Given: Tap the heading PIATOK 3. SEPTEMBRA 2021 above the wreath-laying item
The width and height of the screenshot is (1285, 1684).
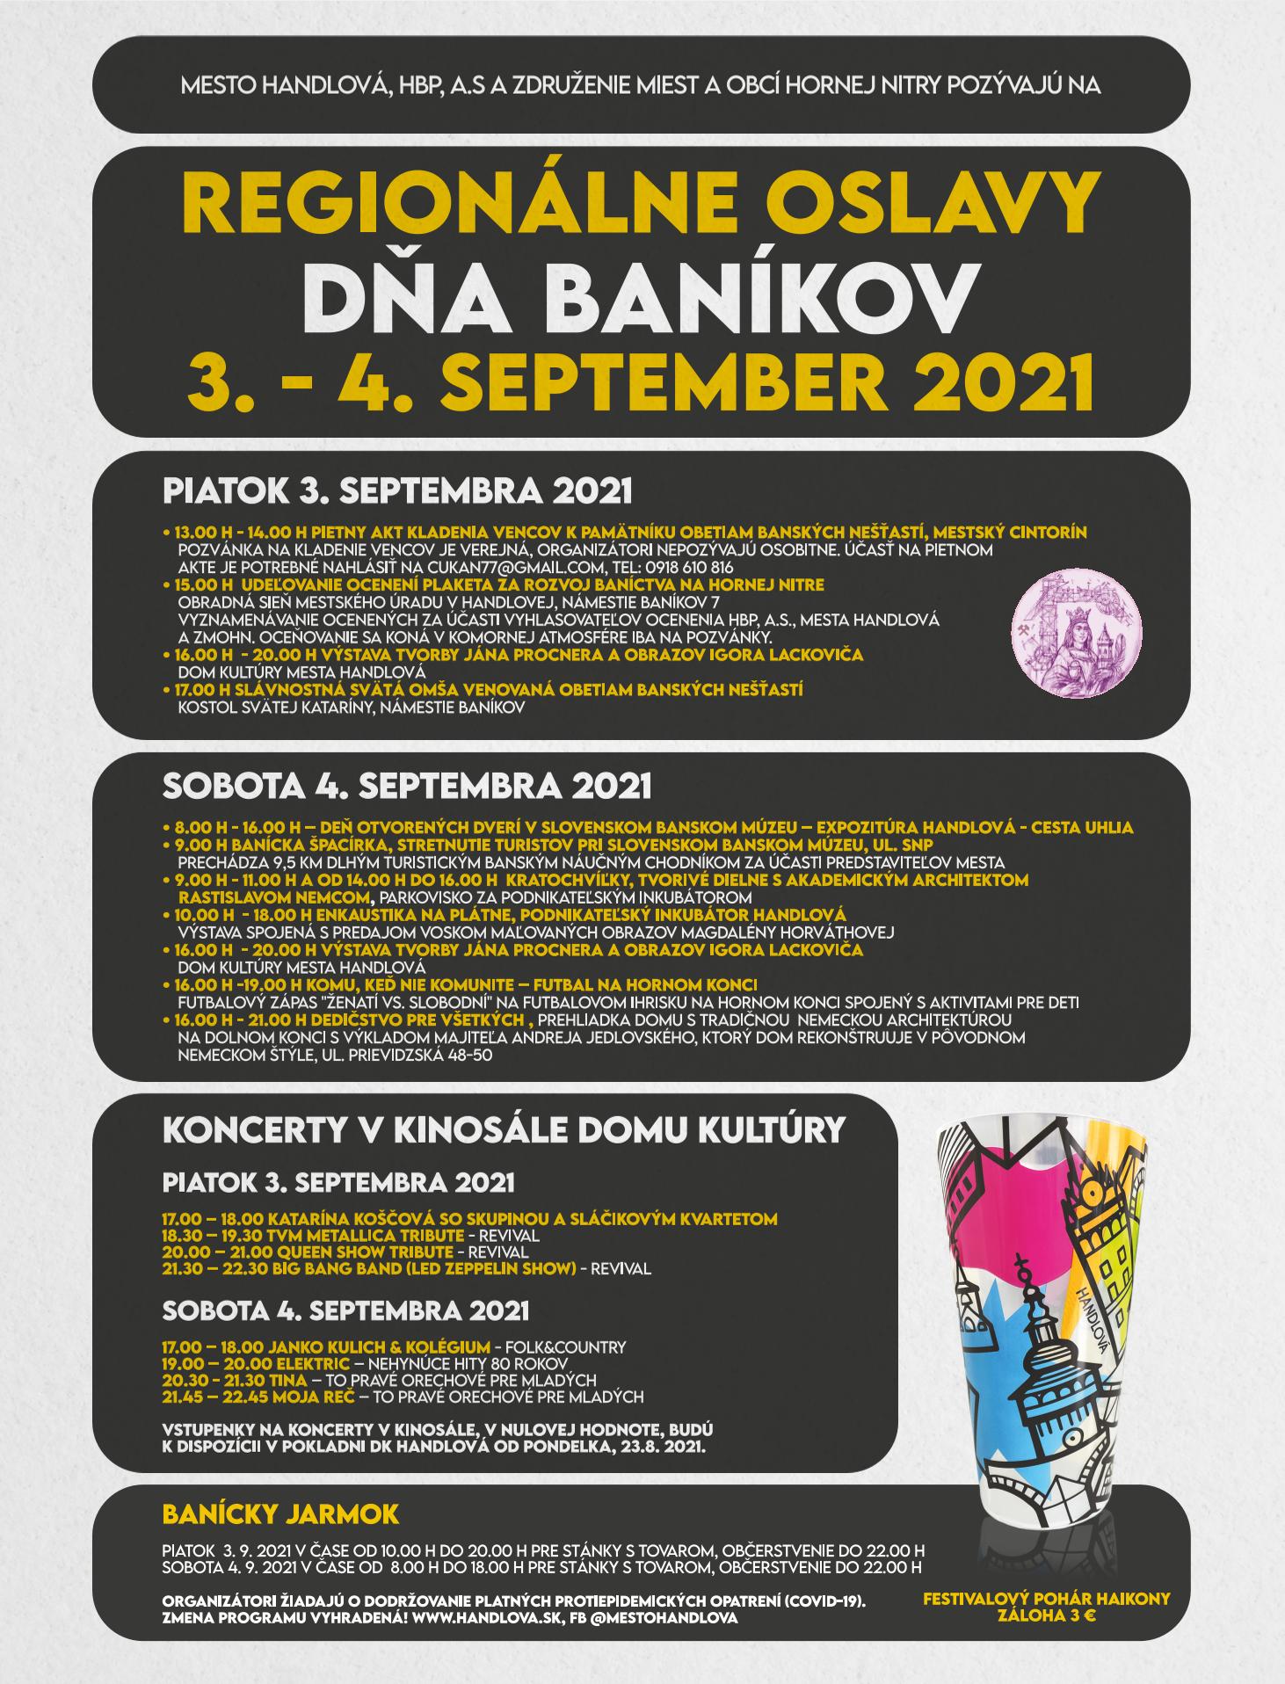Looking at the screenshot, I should point(397,490).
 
